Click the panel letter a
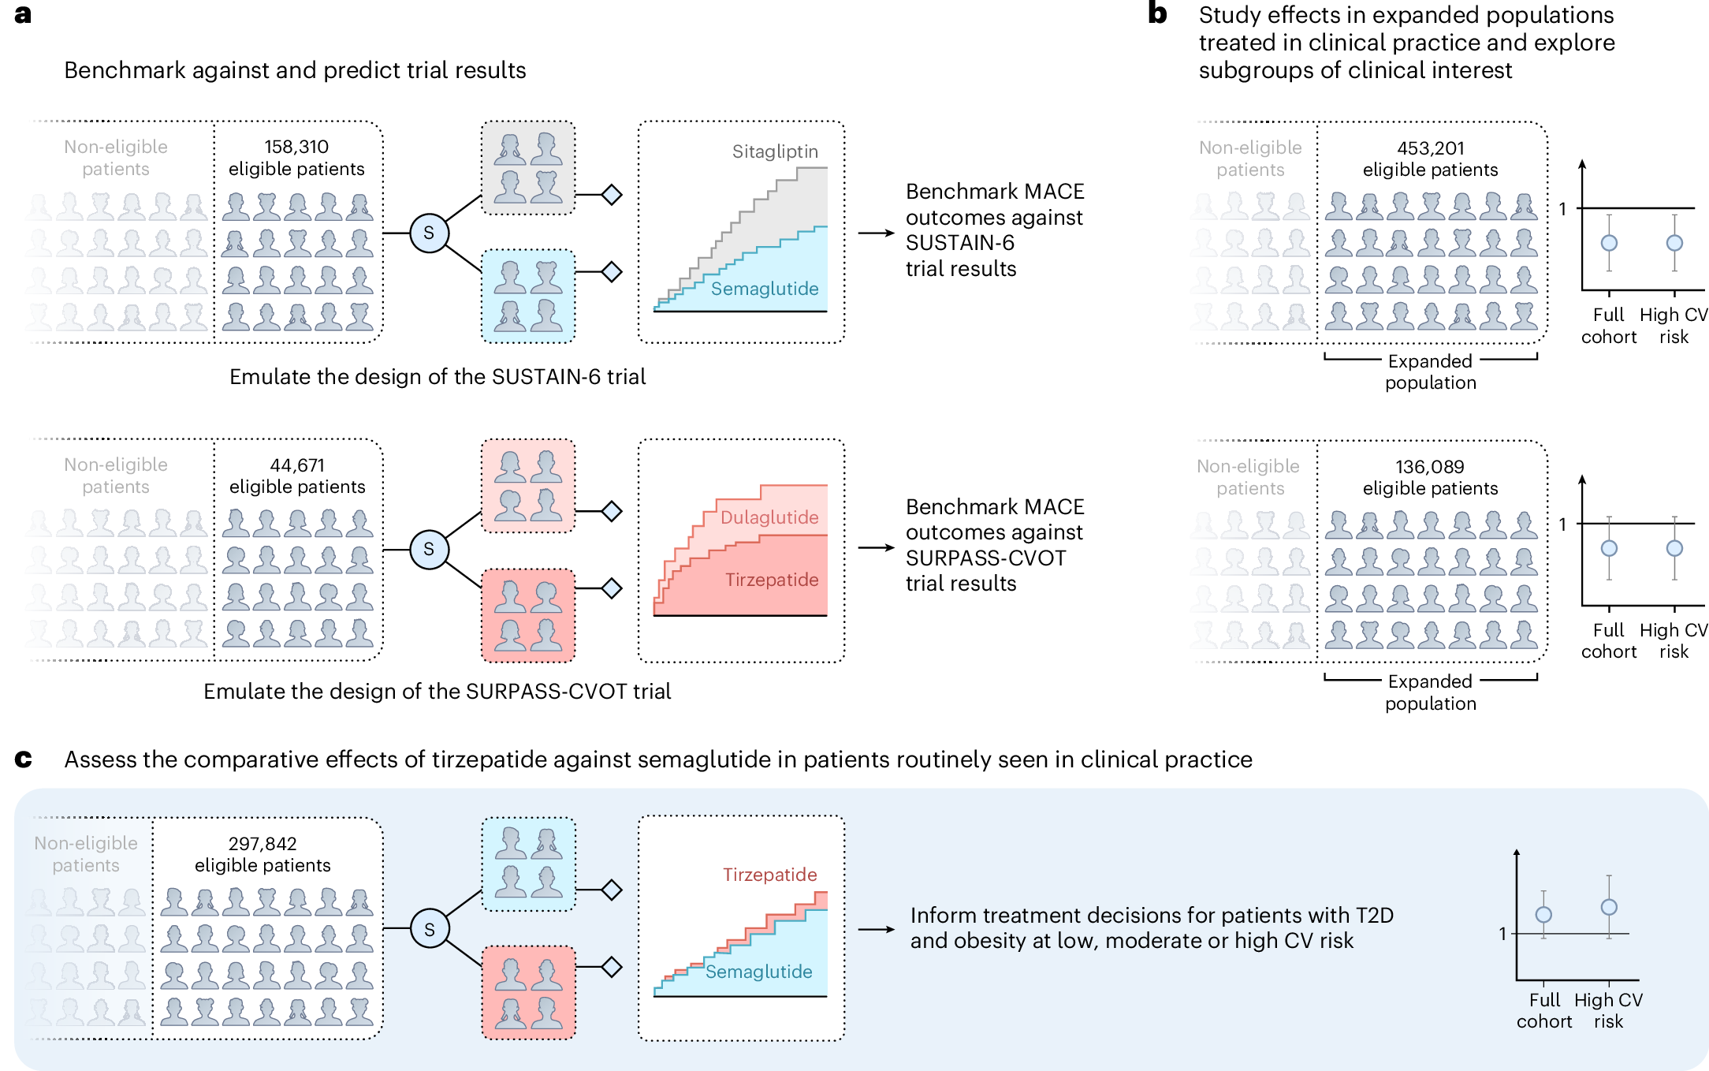[23, 14]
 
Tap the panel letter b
[1156, 13]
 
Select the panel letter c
[23, 759]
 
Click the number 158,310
[296, 147]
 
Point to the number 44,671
[297, 465]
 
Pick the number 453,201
[1430, 148]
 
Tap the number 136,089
[1430, 467]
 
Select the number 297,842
[262, 844]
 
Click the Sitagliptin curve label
[775, 151]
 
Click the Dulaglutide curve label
[769, 517]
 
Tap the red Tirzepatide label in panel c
[769, 875]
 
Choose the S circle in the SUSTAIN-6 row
[429, 233]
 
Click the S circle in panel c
[430, 929]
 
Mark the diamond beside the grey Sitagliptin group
[612, 194]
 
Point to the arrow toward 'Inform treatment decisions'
[876, 929]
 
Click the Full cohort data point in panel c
[1543, 915]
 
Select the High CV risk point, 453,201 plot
[1674, 243]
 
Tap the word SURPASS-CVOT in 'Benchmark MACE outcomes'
[985, 558]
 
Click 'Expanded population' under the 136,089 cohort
[1430, 692]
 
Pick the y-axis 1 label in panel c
[1502, 934]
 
